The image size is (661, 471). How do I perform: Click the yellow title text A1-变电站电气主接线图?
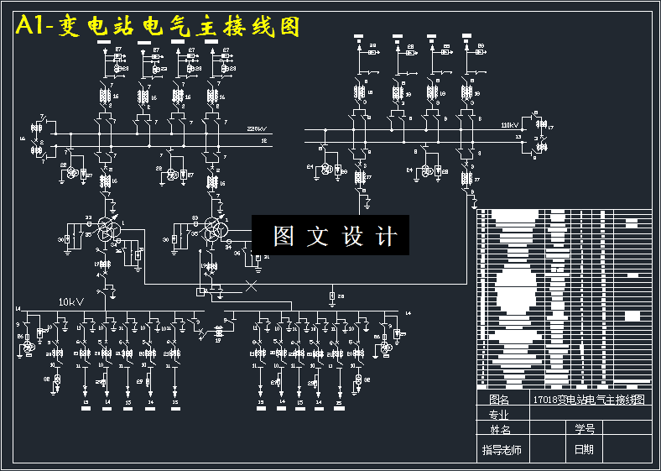click(x=158, y=27)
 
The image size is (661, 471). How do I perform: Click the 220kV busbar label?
click(x=257, y=129)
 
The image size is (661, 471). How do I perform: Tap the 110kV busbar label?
click(x=510, y=125)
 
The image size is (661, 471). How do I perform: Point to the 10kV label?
click(x=70, y=301)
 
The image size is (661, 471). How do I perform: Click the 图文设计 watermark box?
click(x=330, y=236)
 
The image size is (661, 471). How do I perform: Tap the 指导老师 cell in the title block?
click(x=502, y=451)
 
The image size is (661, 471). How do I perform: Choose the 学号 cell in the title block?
click(x=584, y=429)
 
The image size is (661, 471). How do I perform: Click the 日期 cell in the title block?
click(x=584, y=450)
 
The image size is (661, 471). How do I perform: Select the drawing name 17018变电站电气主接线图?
click(x=591, y=400)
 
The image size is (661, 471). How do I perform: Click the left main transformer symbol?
click(x=107, y=228)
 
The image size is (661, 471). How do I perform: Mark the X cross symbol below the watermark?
click(x=250, y=286)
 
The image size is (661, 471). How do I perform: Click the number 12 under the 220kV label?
click(x=263, y=142)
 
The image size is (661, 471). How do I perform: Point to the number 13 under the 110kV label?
click(x=518, y=135)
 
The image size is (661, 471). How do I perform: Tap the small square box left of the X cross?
click(x=200, y=290)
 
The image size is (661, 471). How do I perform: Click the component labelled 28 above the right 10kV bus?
click(x=332, y=296)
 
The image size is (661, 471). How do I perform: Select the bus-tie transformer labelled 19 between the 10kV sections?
click(x=220, y=332)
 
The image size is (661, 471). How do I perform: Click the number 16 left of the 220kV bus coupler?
click(x=23, y=138)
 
